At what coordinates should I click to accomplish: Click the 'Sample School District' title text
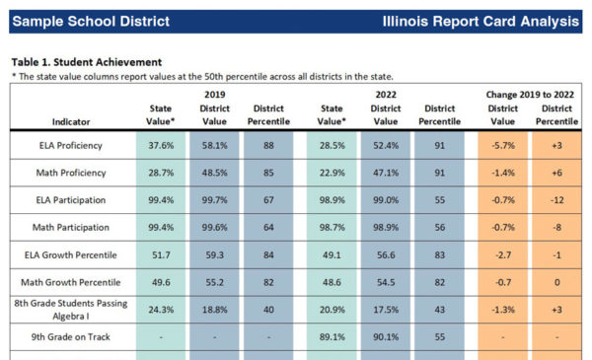91,21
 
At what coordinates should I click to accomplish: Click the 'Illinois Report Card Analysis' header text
481,21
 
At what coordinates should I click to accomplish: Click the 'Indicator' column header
67,122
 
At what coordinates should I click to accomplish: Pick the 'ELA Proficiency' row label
67,145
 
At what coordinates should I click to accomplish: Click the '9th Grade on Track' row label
67,337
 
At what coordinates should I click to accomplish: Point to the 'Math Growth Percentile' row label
67,281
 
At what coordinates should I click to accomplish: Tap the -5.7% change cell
502,145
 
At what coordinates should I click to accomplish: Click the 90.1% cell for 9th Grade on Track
386,337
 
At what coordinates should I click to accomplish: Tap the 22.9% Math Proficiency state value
332,173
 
